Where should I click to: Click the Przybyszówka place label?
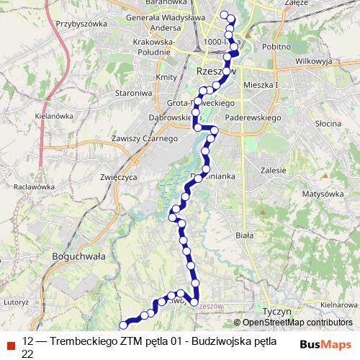[80, 23]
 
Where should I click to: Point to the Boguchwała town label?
[79, 255]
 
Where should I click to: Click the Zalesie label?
[274, 170]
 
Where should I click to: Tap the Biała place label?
[246, 235]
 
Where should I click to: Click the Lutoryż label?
[15, 304]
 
